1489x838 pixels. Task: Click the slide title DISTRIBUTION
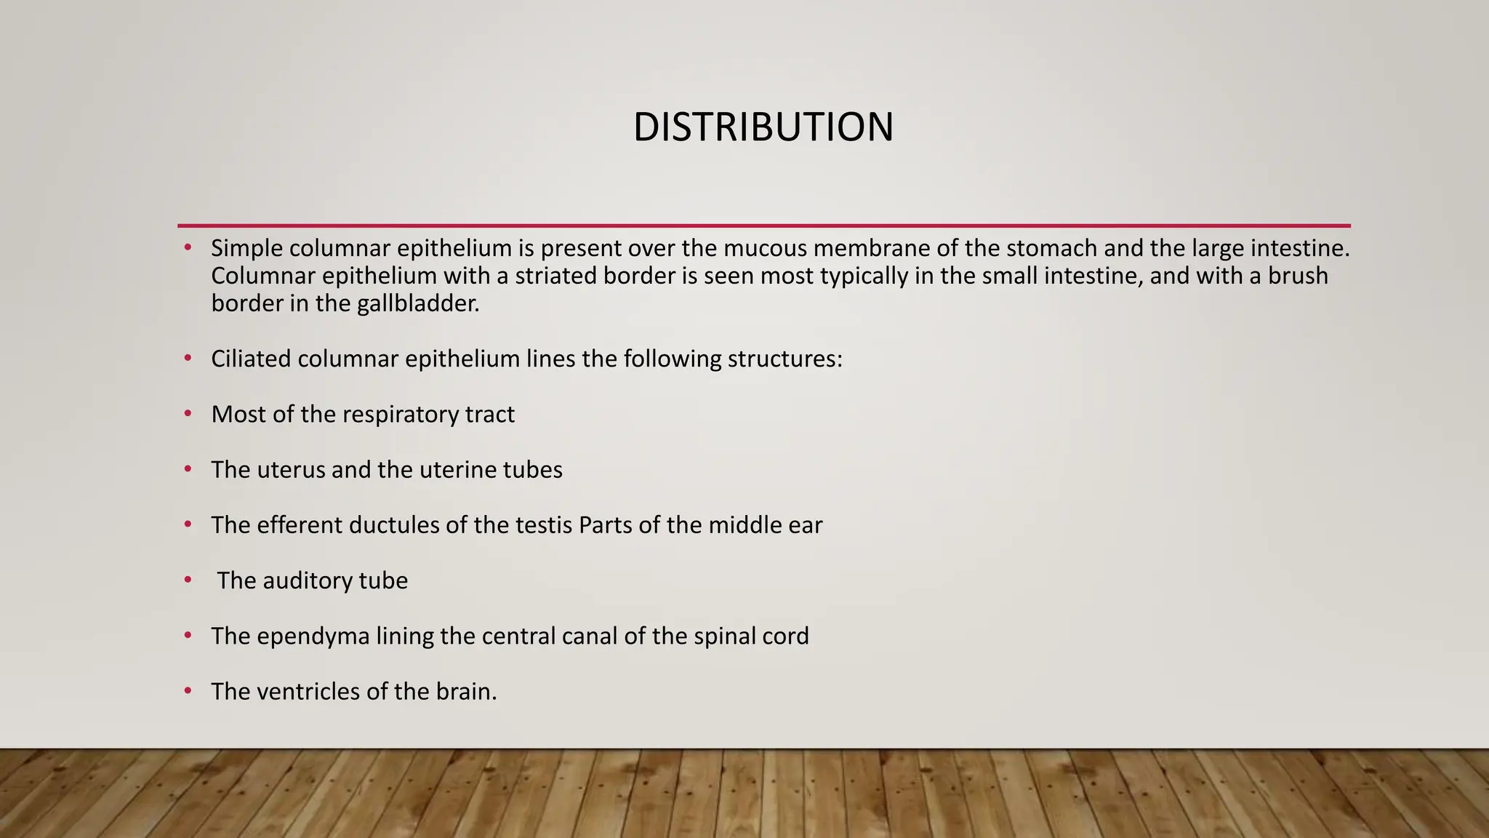click(763, 127)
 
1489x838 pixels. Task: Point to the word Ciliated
click(251, 359)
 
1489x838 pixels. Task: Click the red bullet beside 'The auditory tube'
click(188, 580)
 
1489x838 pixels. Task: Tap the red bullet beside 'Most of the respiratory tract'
click(188, 414)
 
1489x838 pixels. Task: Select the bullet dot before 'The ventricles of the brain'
click(188, 691)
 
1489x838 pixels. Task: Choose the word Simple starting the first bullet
click(246, 249)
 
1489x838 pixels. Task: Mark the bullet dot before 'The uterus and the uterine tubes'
click(188, 469)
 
